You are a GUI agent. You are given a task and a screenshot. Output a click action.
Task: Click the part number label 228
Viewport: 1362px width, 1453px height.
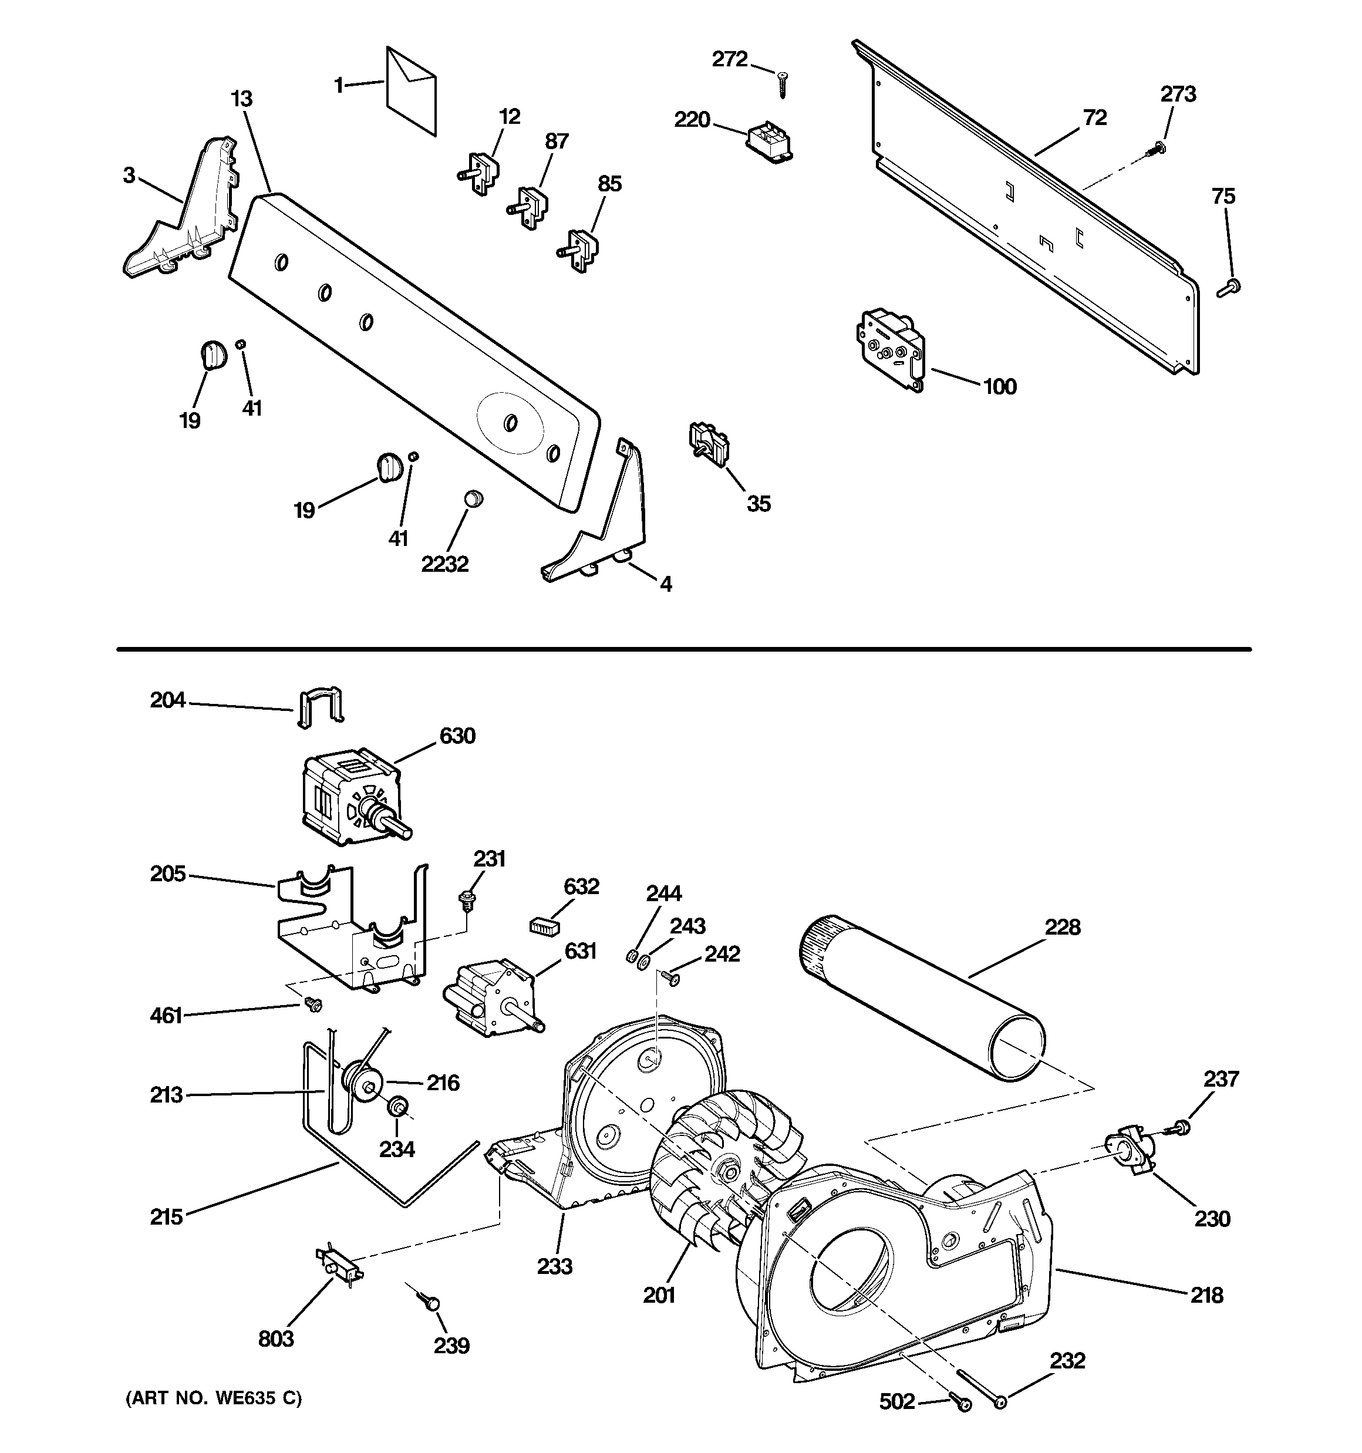pos(1061,928)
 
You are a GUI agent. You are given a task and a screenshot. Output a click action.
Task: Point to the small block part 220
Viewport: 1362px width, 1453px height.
pos(770,141)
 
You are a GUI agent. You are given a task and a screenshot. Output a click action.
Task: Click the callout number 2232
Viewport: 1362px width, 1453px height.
pos(444,564)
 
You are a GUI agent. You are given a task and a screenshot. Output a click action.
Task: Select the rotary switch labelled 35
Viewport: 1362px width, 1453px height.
pos(707,443)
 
